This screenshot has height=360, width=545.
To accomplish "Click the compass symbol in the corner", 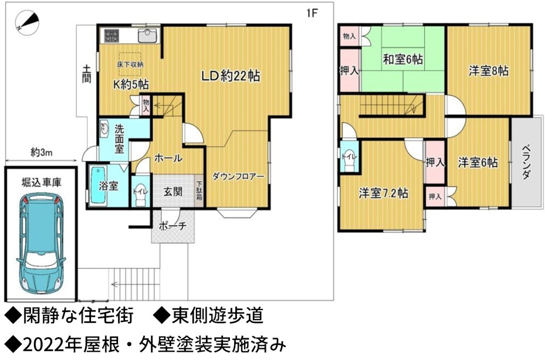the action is click(27, 23).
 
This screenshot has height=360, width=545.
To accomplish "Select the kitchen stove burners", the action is click(112, 36).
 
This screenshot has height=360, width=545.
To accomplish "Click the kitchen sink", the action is click(148, 35).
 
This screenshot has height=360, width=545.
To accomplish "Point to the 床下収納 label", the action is click(130, 64).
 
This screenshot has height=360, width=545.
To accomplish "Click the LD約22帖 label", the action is click(231, 76).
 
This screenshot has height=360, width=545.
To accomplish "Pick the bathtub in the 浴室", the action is click(98, 186).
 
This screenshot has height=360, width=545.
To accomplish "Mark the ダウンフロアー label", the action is click(238, 177).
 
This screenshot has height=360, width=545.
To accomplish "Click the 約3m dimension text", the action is click(42, 152).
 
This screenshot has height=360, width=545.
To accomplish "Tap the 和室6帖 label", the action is click(403, 60).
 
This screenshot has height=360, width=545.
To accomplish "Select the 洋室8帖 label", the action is click(489, 71).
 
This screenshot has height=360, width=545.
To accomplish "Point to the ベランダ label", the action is click(526, 162).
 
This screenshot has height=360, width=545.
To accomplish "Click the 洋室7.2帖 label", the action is click(383, 193).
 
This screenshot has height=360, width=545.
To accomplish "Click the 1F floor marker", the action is click(312, 13).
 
